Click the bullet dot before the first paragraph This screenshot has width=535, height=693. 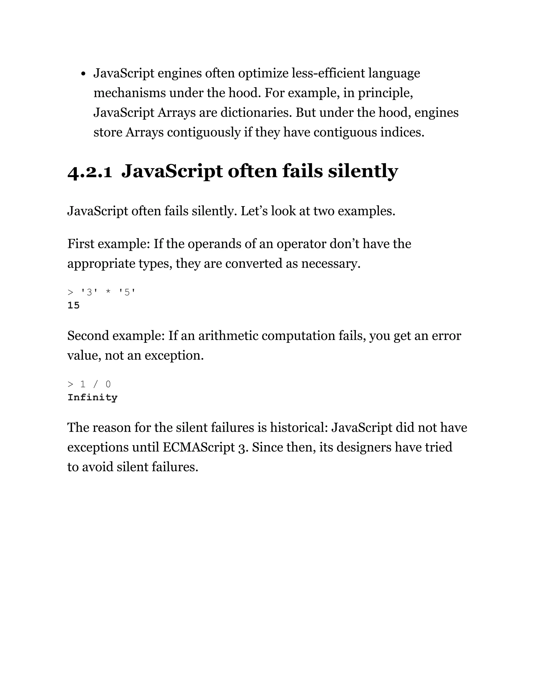point(83,74)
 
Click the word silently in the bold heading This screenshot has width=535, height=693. point(363,171)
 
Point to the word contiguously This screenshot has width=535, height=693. point(204,132)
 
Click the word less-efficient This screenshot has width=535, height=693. point(328,73)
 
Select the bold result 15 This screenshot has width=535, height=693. point(73,305)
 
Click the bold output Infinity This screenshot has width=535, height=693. point(92,397)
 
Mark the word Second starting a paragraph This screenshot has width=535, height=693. point(88,336)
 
